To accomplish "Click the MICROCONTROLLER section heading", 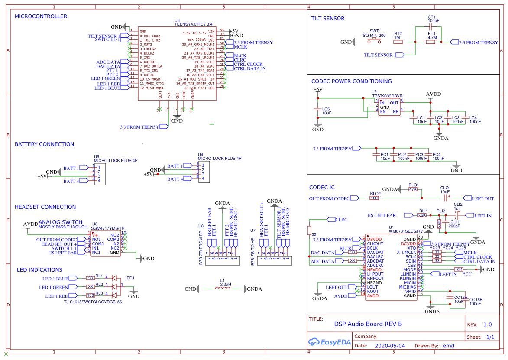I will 41,16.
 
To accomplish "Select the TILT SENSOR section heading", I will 328,19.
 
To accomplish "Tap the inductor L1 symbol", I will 222,289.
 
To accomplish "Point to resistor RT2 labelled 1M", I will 398,42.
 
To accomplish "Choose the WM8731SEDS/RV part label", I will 405,231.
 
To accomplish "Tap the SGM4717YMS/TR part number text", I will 108,228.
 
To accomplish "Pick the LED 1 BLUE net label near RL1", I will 54,278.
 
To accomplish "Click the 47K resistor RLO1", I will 413,189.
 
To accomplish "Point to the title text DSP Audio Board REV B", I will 368,324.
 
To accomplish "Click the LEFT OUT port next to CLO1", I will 482,198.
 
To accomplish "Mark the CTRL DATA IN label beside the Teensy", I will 249,69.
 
